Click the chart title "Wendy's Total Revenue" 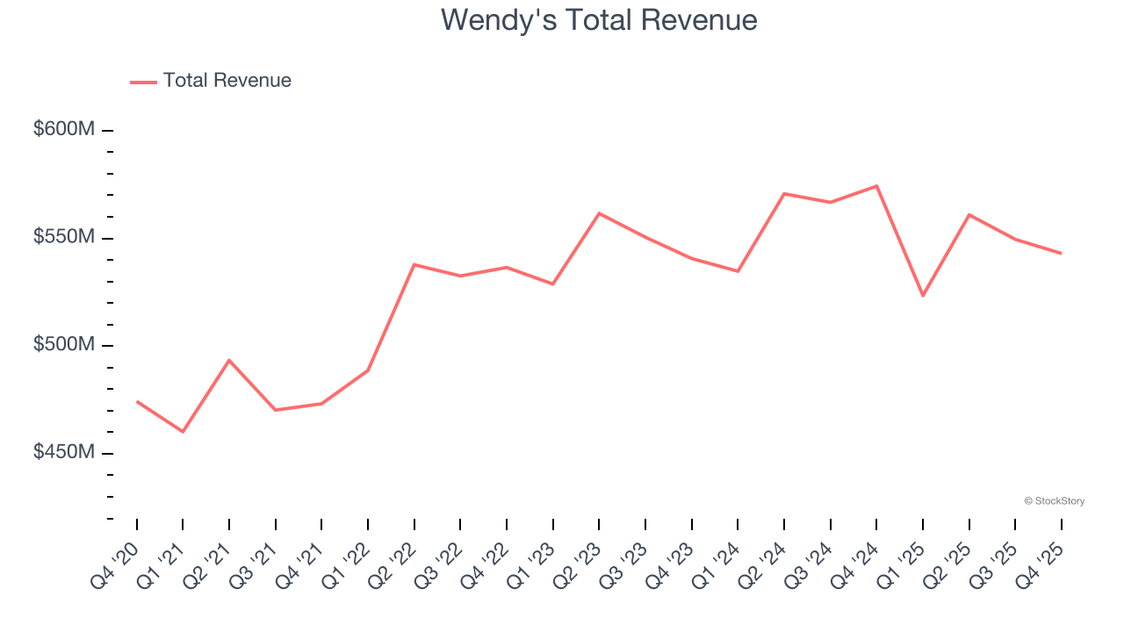[x=599, y=19]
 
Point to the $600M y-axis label [x=64, y=130]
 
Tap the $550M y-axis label [x=64, y=237]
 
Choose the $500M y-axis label [x=64, y=345]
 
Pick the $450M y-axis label [x=64, y=452]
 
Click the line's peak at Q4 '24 [x=876, y=186]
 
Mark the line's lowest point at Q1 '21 [x=183, y=432]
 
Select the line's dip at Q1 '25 [x=923, y=296]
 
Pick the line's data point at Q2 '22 [x=414, y=264]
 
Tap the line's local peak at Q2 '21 [x=229, y=360]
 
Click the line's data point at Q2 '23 [x=599, y=213]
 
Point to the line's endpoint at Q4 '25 [x=1061, y=254]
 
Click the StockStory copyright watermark [x=1054, y=501]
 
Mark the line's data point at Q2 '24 [x=783, y=193]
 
